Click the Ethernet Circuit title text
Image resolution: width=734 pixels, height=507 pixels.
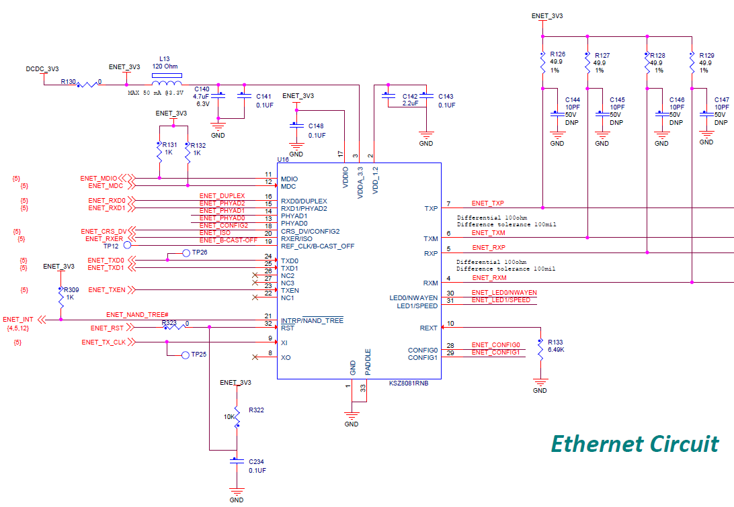[x=635, y=444]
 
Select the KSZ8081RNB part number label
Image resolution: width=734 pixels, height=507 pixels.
[x=409, y=384]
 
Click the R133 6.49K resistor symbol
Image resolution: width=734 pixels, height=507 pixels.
[x=540, y=349]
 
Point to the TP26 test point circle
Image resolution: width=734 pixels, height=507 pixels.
[x=188, y=253]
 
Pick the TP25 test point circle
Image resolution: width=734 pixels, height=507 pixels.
[x=186, y=354]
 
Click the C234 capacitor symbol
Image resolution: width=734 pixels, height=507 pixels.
[x=236, y=461]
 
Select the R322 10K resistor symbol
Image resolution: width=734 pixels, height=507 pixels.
[x=237, y=416]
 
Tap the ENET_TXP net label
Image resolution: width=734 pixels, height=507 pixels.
[x=488, y=203]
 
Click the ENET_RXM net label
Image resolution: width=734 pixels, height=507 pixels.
[x=489, y=277]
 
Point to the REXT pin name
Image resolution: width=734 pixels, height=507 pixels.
[x=428, y=328]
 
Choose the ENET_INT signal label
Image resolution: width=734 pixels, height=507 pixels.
[x=18, y=320]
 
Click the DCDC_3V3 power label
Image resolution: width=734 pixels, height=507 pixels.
[x=42, y=69]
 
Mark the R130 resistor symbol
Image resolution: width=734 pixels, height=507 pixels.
[x=87, y=85]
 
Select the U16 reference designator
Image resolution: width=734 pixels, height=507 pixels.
[x=282, y=159]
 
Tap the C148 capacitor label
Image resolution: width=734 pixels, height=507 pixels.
[x=316, y=126]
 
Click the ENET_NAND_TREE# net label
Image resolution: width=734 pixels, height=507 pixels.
[x=137, y=315]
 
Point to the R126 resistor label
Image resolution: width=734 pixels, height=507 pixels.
[x=557, y=54]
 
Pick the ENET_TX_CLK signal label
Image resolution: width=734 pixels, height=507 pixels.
[x=104, y=342]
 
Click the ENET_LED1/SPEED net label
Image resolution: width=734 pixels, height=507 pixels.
[x=501, y=300]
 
